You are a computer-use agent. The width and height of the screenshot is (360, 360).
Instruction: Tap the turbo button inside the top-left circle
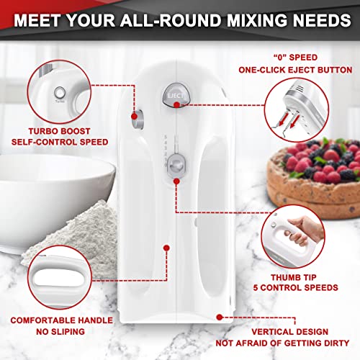(x=57, y=93)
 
